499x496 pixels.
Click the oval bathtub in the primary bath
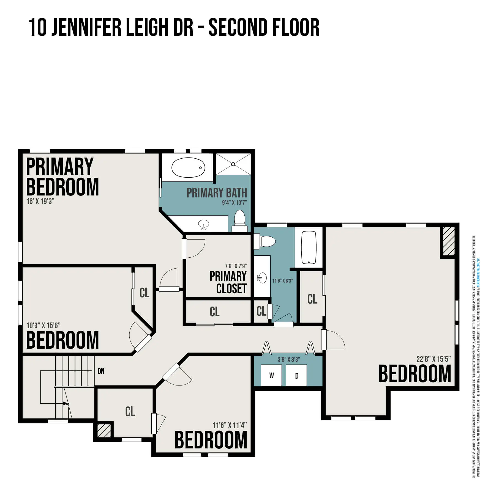click(x=188, y=167)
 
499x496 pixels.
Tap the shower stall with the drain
click(x=233, y=164)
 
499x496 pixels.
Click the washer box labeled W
click(x=271, y=376)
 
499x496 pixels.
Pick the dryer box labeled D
click(x=296, y=376)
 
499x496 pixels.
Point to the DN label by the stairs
click(x=101, y=371)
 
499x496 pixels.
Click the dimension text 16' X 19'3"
click(x=40, y=201)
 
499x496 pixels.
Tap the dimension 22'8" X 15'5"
click(x=433, y=359)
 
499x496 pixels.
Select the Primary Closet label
click(x=228, y=282)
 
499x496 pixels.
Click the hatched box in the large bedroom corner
click(x=448, y=242)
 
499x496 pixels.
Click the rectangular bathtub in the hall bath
click(x=309, y=247)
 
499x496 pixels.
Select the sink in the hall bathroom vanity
click(x=262, y=278)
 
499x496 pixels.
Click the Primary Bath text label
click(x=217, y=193)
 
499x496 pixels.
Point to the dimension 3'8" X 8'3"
click(x=288, y=359)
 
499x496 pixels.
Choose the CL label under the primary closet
click(x=215, y=312)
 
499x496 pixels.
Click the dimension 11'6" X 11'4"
click(x=230, y=425)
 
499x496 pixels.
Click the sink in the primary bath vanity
click(x=203, y=224)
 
